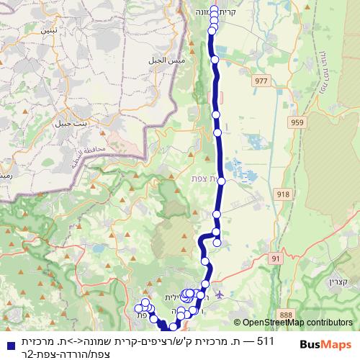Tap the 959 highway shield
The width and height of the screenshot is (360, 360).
point(297,123)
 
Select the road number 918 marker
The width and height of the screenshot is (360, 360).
point(283,194)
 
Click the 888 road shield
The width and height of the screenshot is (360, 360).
point(286,314)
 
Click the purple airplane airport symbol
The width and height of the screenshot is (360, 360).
point(219,294)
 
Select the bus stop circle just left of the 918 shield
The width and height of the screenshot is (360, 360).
point(222,181)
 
